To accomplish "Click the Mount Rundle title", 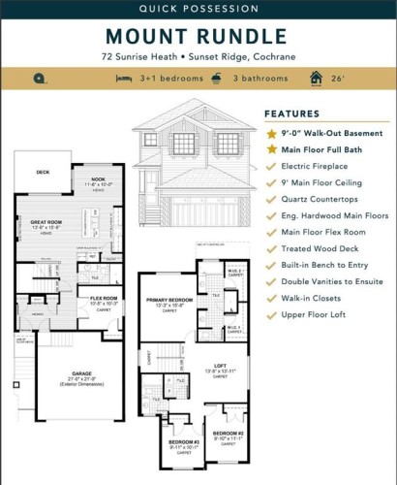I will [x=198, y=36].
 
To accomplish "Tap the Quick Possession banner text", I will [x=198, y=9].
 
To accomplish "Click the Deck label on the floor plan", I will [x=43, y=173].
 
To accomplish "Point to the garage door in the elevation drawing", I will [x=185, y=210].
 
